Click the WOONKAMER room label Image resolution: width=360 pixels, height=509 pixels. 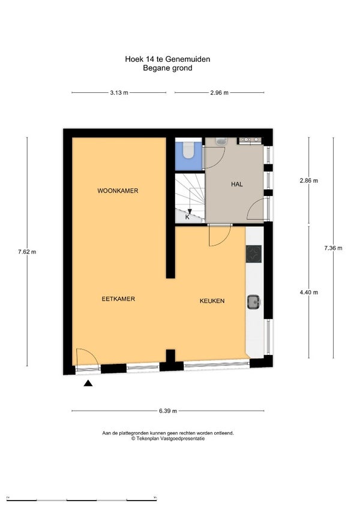(118, 191)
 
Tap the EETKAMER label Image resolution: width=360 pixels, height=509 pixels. (118, 299)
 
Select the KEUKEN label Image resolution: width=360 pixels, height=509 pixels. (212, 301)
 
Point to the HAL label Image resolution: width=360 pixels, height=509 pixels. (237, 185)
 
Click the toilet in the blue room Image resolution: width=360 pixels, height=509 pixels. (188, 150)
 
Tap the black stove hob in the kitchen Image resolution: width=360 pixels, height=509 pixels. (253, 254)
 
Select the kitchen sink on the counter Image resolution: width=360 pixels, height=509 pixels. (254, 302)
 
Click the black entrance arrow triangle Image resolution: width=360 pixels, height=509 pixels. (88, 383)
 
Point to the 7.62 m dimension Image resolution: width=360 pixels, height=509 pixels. (27, 252)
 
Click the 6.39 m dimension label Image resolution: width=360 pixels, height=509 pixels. (168, 411)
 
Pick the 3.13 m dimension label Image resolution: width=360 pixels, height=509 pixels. (119, 92)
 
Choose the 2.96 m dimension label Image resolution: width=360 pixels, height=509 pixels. (220, 92)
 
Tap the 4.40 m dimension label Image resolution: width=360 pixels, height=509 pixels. (308, 293)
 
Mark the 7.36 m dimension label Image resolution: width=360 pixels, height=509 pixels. (333, 248)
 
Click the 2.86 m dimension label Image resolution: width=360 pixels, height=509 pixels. (308, 180)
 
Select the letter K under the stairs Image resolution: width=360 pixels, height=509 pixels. (187, 217)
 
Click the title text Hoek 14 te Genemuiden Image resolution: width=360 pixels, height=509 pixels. (167, 59)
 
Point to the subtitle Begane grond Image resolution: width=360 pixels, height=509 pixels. (167, 68)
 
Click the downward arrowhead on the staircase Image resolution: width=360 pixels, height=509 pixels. (190, 212)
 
